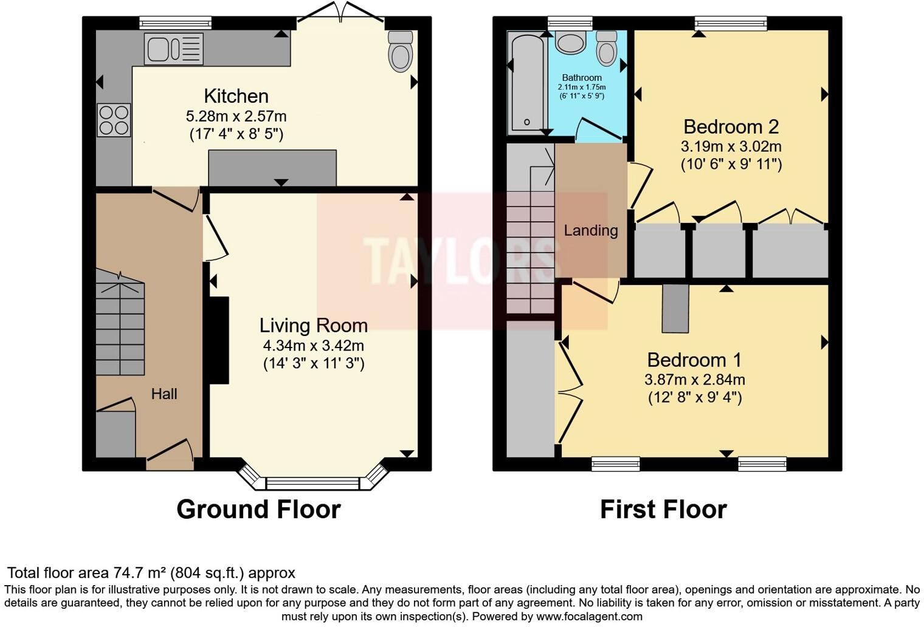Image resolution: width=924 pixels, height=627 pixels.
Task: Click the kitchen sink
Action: [x=173, y=49]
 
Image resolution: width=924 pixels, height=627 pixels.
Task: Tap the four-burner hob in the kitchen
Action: [x=114, y=120]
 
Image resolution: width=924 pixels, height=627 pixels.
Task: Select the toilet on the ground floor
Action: [x=400, y=51]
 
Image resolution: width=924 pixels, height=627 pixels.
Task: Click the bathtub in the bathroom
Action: [x=526, y=83]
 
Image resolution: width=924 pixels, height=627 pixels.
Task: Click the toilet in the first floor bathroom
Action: [x=607, y=48]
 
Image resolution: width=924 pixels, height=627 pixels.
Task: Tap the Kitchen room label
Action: [x=236, y=96]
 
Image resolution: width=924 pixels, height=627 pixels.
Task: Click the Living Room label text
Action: [x=313, y=326]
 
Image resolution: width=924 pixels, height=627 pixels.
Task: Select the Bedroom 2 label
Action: [x=731, y=126]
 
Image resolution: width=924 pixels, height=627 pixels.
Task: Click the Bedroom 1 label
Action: [x=694, y=360]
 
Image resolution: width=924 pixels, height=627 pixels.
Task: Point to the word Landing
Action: [x=590, y=230]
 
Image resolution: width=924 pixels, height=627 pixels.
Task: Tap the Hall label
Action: [x=164, y=394]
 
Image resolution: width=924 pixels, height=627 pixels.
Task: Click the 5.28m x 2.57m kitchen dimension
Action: [x=236, y=116]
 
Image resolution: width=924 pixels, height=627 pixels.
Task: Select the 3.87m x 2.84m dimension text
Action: [x=694, y=380]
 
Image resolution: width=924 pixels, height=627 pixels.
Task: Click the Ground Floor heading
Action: [x=258, y=509]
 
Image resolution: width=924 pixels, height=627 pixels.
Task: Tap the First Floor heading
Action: [x=663, y=509]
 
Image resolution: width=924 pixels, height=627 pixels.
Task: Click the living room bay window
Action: [x=312, y=484]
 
